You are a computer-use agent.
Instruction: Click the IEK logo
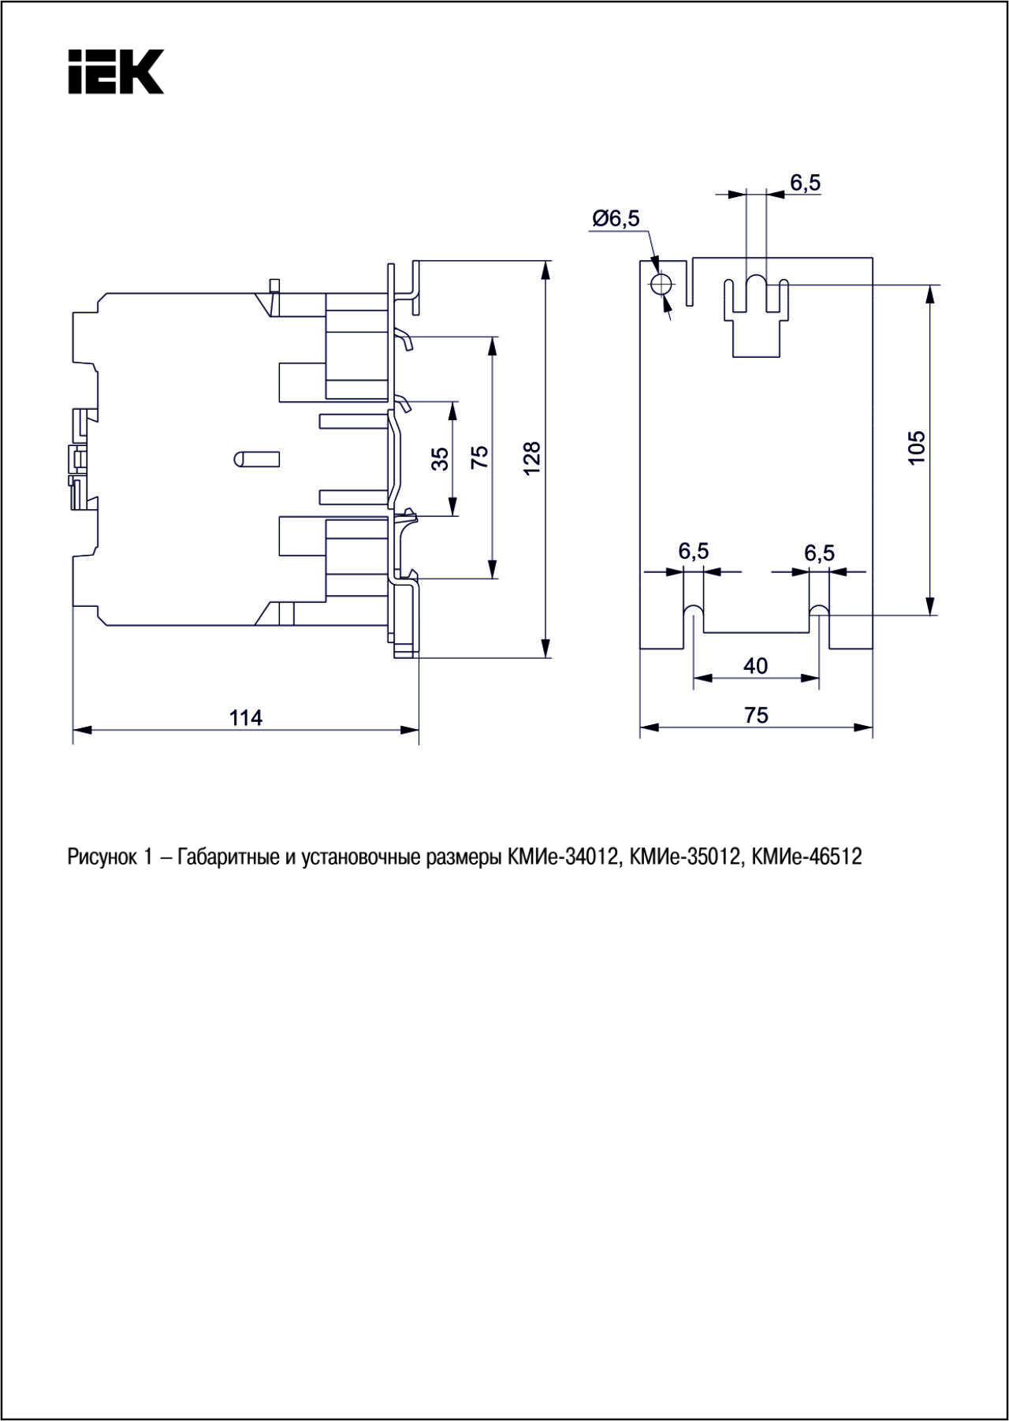coord(115,72)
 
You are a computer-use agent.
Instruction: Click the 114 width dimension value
coord(246,717)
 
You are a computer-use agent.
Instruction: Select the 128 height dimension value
coord(532,458)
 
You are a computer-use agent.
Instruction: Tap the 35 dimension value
coord(441,458)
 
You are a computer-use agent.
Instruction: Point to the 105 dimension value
coord(916,448)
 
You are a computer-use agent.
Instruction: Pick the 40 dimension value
coord(755,666)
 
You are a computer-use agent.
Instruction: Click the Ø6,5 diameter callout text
coord(616,218)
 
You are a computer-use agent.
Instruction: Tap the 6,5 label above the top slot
coord(806,183)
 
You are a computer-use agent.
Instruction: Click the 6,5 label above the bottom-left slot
coord(694,551)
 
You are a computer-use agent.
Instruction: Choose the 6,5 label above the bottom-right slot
coord(819,552)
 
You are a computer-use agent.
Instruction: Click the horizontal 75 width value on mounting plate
coord(755,715)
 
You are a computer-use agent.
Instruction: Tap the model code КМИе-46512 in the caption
coord(807,857)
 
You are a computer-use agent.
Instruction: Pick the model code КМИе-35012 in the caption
coord(686,857)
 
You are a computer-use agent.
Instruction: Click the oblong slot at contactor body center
coord(257,458)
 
